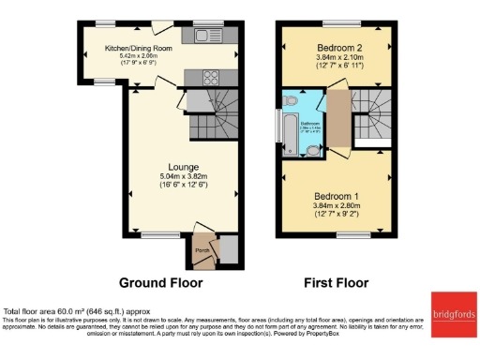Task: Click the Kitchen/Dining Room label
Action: click(x=139, y=48)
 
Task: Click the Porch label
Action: click(x=202, y=250)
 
